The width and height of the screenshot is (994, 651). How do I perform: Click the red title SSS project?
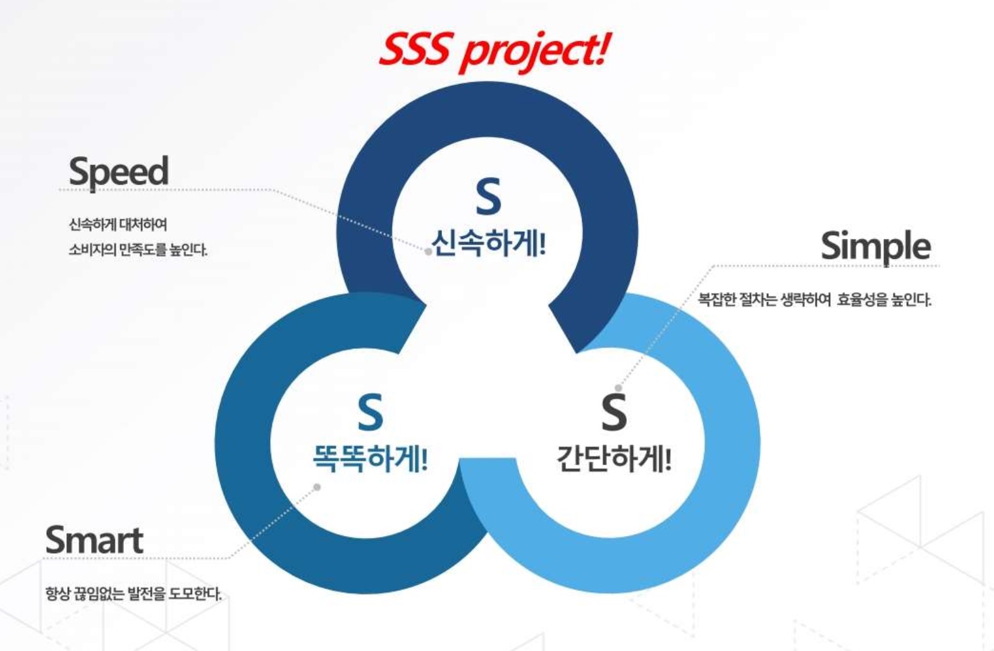[x=494, y=51]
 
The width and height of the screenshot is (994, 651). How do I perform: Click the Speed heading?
[x=119, y=172]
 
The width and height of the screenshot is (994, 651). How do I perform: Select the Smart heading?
[x=94, y=540]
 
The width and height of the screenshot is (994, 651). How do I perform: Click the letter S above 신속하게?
[x=488, y=197]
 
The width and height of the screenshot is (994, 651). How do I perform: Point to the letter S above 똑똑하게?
[x=370, y=413]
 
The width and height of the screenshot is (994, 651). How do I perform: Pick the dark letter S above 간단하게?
[x=614, y=413]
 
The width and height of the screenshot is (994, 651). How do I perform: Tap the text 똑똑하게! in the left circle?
[x=370, y=458]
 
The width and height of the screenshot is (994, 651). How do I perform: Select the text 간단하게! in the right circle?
[x=614, y=458]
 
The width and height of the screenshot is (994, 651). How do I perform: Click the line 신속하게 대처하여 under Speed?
[x=118, y=224]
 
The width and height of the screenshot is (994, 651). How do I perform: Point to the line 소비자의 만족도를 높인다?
[x=138, y=250]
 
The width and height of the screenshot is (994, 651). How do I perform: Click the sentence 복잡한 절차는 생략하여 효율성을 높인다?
[x=814, y=300]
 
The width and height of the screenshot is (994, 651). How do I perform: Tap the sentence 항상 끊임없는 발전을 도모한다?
[x=133, y=593]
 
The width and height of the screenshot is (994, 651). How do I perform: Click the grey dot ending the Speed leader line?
[x=428, y=252]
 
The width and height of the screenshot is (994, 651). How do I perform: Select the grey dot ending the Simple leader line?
[x=618, y=388]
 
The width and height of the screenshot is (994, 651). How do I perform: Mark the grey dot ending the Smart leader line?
[x=317, y=487]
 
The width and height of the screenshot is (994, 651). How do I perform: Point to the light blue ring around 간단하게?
[x=732, y=444]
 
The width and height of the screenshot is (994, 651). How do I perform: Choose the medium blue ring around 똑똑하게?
[x=243, y=444]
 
